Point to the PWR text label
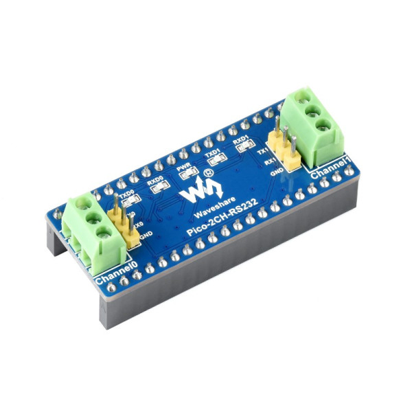click(183, 166)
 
